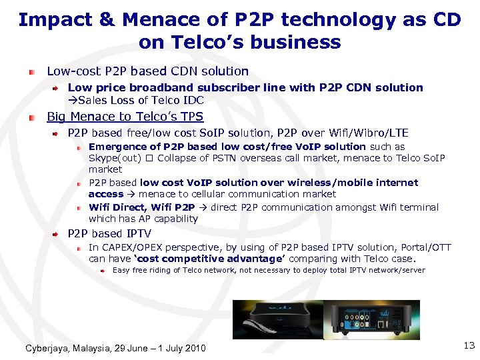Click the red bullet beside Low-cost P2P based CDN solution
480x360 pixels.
(31, 71)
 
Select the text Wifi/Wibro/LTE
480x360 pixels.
(369, 133)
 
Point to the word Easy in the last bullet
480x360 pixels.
(121, 270)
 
